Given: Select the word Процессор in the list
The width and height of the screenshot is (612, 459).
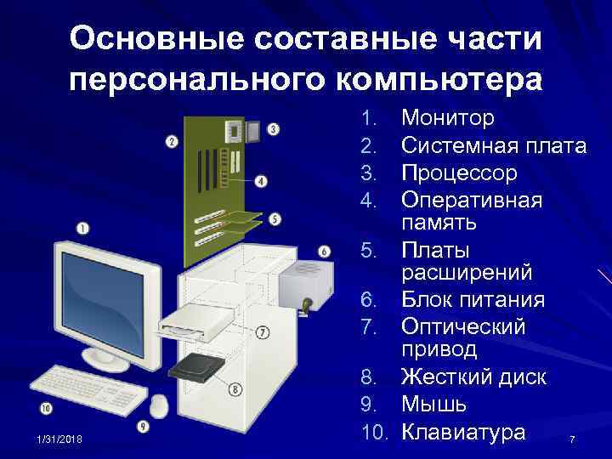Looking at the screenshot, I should coord(459,173).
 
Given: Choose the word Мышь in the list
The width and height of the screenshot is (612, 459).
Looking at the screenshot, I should coord(433,404).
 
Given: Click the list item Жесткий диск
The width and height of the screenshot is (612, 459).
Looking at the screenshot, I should coord(473,377).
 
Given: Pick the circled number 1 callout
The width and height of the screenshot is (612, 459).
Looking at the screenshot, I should coord(82,227).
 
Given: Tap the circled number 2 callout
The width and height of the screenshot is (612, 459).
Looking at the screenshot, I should coord(172,142).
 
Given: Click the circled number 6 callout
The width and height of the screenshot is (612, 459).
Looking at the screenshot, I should coord(324,252).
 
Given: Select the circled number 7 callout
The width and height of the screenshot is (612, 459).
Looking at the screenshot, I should coord(263,331).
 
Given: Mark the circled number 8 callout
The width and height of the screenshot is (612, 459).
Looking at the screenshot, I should coord(235,390).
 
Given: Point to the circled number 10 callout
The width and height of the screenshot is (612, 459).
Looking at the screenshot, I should coord(46,408).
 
